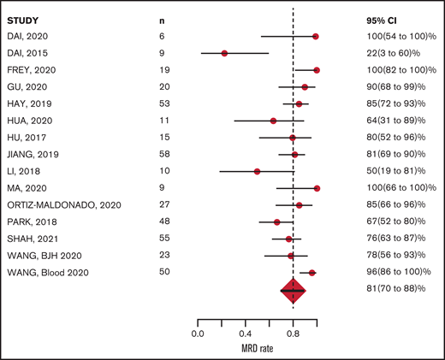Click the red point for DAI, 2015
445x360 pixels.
224,53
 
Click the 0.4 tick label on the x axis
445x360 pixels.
245,334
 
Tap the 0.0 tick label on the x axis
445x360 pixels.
198,334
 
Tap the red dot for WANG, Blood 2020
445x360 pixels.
311,273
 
